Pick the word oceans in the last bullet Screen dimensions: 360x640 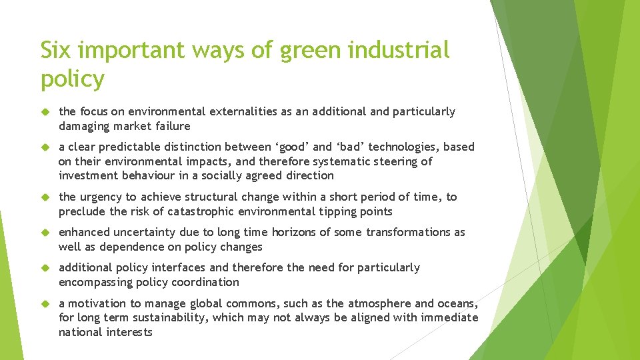click(x=458, y=303)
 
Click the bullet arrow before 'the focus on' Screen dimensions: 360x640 click(x=45, y=112)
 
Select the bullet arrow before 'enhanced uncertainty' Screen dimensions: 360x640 click(x=45, y=233)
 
